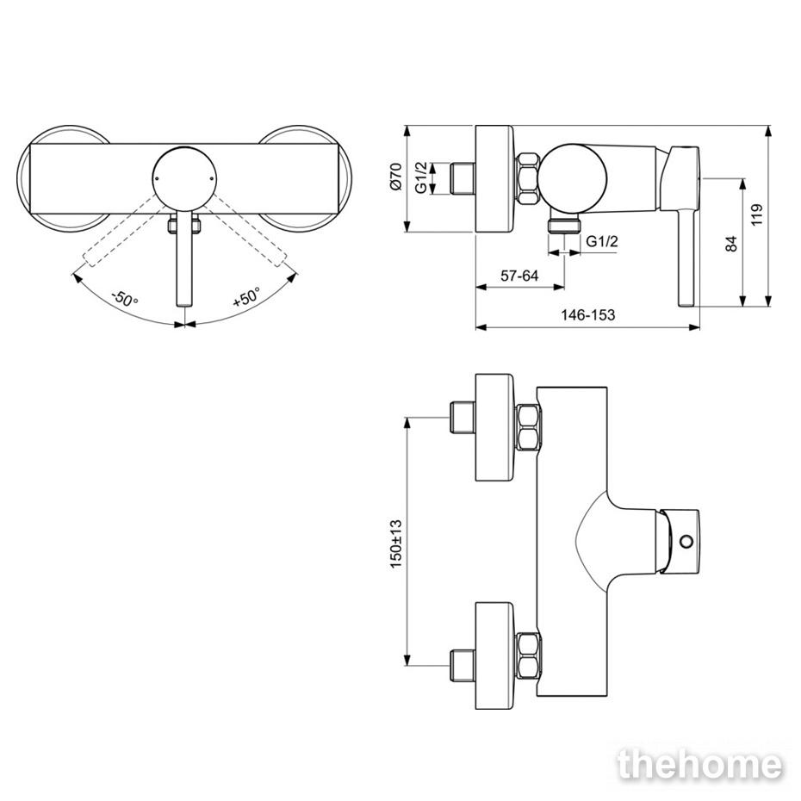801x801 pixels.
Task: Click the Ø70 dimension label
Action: pyautogui.click(x=396, y=177)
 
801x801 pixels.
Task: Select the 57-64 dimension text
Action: pyautogui.click(x=519, y=276)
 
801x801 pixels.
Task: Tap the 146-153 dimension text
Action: pyautogui.click(x=588, y=314)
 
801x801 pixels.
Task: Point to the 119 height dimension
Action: pyautogui.click(x=757, y=215)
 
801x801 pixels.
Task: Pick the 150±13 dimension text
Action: pyautogui.click(x=396, y=543)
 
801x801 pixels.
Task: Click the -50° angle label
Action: pyautogui.click(x=125, y=298)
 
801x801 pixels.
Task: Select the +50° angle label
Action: pyautogui.click(x=246, y=297)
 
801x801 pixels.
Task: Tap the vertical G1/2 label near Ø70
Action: pyautogui.click(x=421, y=177)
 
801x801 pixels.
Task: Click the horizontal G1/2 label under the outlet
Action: pyautogui.click(x=602, y=240)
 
